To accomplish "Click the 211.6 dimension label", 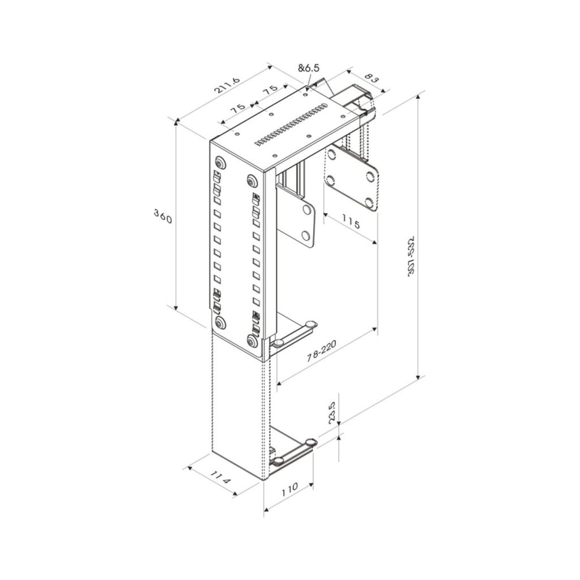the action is (x=227, y=87).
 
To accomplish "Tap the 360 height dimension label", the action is (x=163, y=216).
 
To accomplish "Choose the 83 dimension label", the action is (x=372, y=79).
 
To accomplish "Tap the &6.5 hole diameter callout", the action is (x=309, y=68).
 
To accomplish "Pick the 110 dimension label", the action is (x=289, y=489).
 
